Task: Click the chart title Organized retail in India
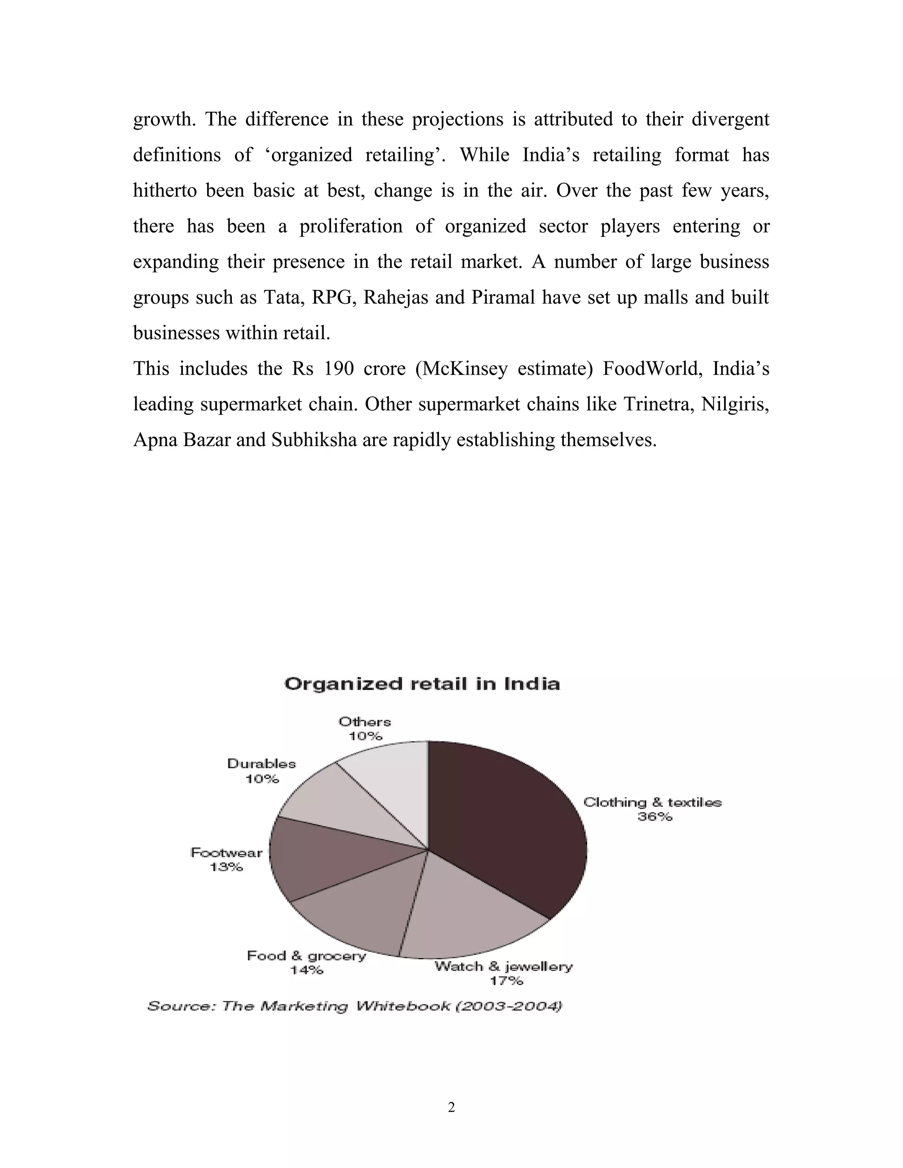[422, 684]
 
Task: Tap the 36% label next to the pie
[654, 817]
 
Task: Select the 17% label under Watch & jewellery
[506, 981]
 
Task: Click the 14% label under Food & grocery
[306, 970]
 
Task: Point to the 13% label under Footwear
[226, 867]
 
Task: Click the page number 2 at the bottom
[451, 1108]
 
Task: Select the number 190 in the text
[339, 368]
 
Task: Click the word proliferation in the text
[351, 226]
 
